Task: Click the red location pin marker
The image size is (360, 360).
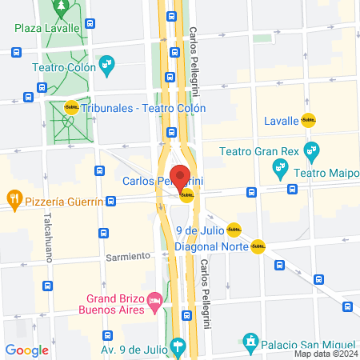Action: (180, 176)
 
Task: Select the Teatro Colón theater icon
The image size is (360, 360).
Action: (106, 62)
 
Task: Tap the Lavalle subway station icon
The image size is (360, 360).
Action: (309, 121)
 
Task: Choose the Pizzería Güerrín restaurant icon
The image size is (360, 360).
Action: (14, 198)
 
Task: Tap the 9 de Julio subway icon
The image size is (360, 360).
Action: (234, 230)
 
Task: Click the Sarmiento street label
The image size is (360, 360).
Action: (128, 256)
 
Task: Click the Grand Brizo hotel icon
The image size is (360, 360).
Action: (154, 300)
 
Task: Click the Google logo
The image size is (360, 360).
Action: (27, 350)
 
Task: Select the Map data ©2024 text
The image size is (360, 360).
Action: (325, 353)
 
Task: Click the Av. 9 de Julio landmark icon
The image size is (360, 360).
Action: (178, 345)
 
